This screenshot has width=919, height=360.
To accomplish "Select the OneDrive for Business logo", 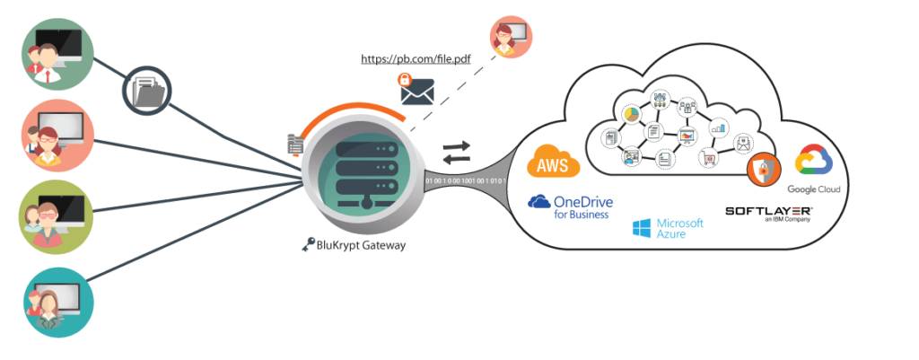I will pyautogui.click(x=570, y=206).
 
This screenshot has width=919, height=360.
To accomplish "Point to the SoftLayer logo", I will pyautogui.click(x=769, y=213).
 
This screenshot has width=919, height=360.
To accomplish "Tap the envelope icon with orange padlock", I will pyautogui.click(x=417, y=90).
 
